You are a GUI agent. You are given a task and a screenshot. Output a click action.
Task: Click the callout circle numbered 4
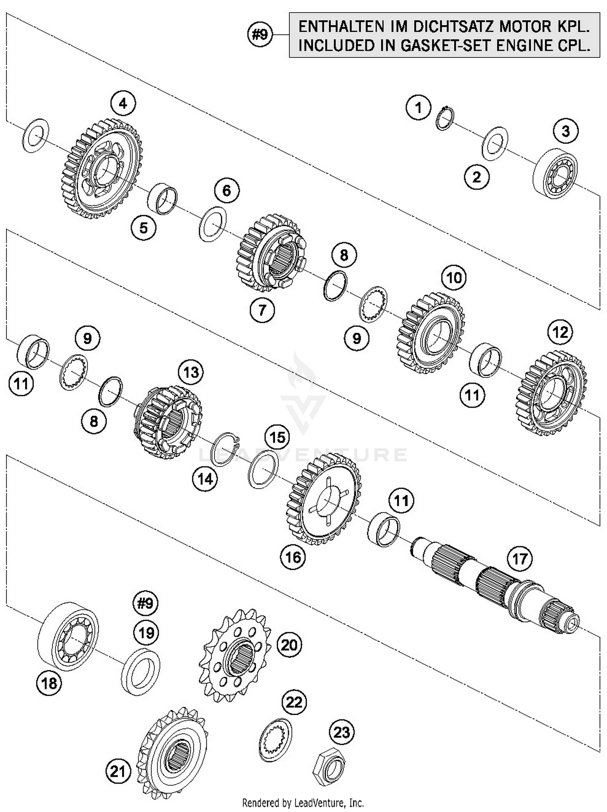123,104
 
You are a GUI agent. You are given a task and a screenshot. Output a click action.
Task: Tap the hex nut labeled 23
329,766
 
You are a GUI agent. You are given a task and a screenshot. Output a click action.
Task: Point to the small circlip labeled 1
445,118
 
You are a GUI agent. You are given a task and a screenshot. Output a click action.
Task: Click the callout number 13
191,372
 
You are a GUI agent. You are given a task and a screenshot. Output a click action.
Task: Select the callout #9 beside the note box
260,35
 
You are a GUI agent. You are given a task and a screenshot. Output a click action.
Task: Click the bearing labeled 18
68,635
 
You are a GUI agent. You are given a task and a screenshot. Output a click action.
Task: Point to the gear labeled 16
324,499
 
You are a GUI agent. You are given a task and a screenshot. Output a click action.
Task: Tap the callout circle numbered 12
560,332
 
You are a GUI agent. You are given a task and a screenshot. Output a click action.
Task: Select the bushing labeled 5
162,198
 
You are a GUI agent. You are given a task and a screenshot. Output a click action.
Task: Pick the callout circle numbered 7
262,310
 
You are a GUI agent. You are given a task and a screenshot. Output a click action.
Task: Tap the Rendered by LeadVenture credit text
303,802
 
